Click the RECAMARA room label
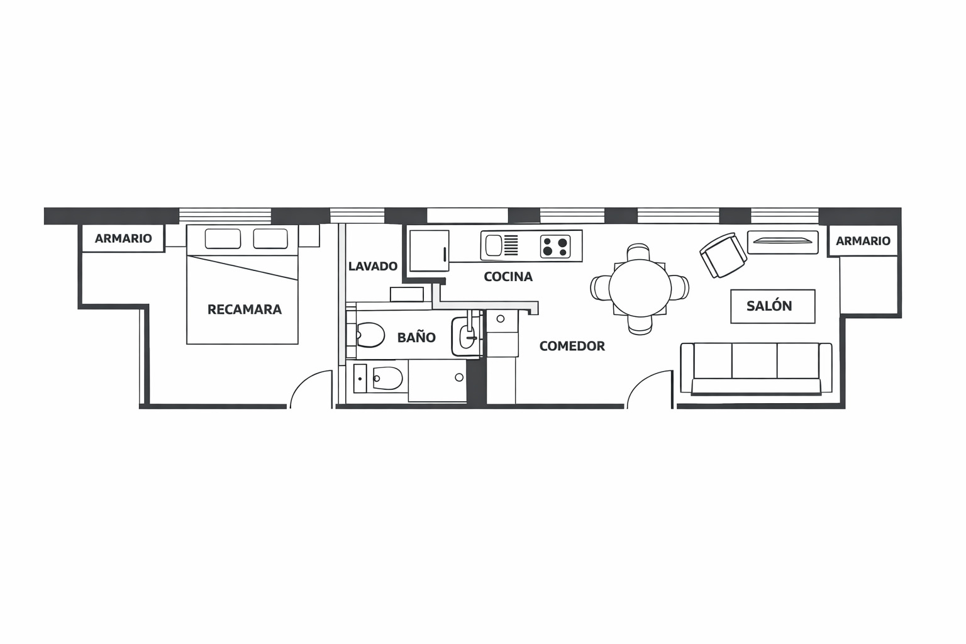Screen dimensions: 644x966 click(244, 309)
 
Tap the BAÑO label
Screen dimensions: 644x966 click(416, 338)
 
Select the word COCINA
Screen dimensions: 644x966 click(508, 277)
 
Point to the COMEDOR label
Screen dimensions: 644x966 click(572, 346)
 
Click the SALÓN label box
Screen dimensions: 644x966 click(772, 306)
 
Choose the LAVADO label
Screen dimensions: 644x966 click(373, 266)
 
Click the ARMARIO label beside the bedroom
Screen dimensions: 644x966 click(123, 238)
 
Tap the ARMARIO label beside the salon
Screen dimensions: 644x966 click(863, 241)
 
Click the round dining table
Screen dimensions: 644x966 click(640, 288)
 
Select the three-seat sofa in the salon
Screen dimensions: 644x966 click(756, 369)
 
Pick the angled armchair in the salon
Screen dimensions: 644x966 click(723, 255)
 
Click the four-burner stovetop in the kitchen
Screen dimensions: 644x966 click(555, 246)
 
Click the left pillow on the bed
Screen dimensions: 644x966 click(223, 239)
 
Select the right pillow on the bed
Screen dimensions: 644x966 click(270, 239)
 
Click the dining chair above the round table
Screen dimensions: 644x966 click(638, 253)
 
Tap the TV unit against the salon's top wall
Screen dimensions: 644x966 click(782, 241)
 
